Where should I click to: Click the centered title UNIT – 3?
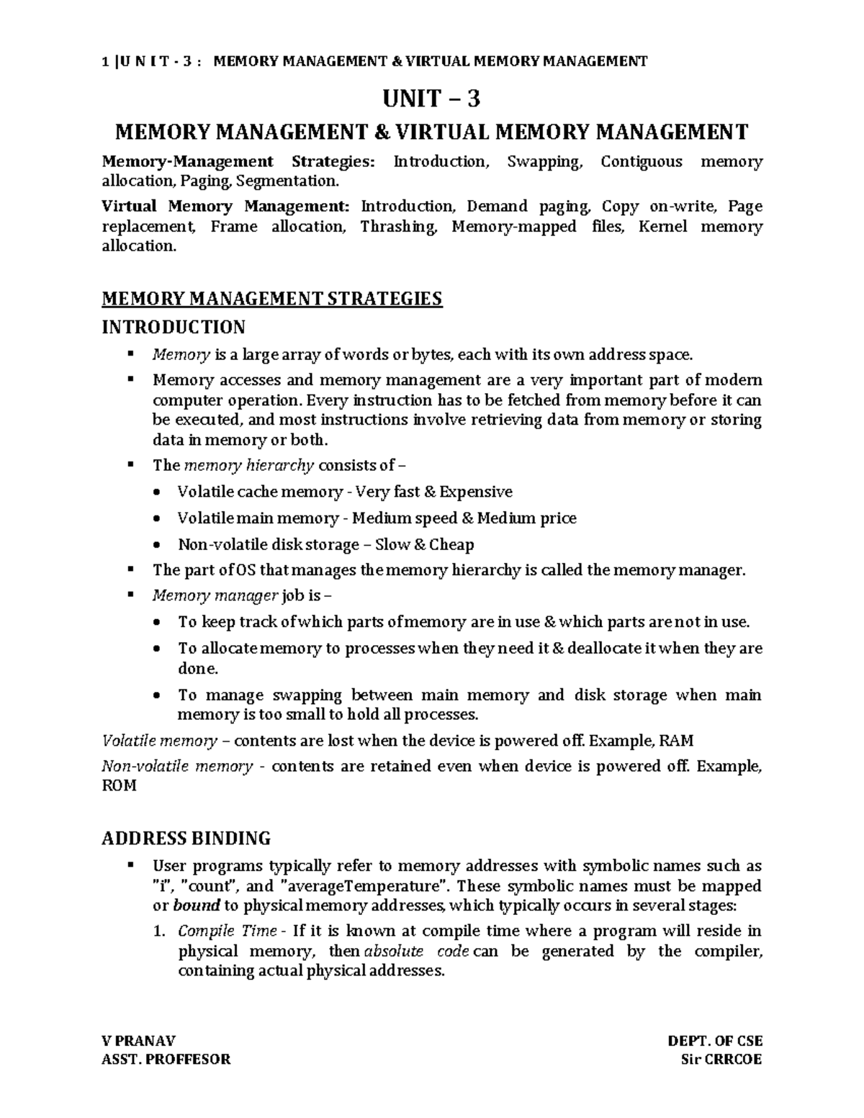432,98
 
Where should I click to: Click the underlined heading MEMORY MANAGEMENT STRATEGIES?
271,298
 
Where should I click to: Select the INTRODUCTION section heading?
173,328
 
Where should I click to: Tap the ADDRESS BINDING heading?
186,838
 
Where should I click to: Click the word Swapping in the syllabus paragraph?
544,161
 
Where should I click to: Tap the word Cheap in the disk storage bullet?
451,544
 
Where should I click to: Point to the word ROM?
119,785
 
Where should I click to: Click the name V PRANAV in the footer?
138,1041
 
